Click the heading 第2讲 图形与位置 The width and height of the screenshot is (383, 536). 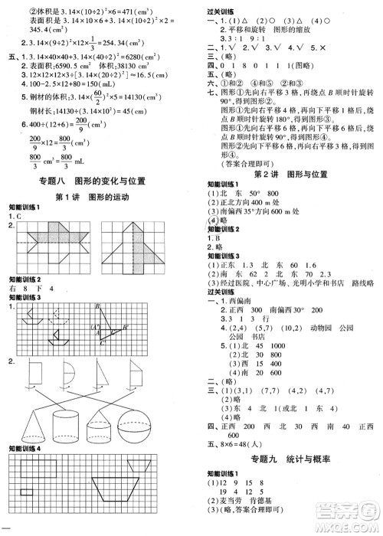[x=287, y=174]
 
